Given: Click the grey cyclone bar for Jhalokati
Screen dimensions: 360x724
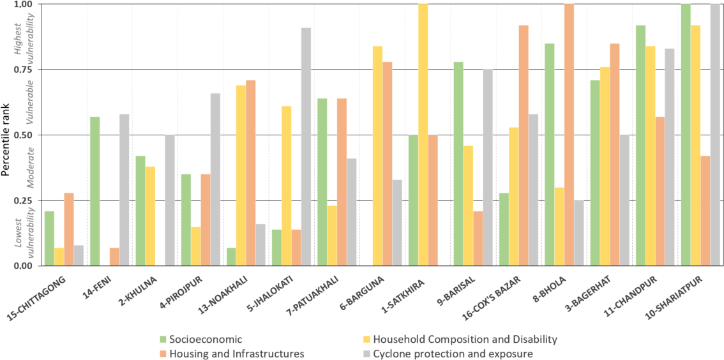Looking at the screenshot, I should (306, 147).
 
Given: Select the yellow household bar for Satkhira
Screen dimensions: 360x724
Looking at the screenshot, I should (423, 135).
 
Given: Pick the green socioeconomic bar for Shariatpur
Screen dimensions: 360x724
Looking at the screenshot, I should (686, 135).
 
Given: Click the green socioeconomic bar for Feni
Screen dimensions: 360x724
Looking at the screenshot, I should (94, 191).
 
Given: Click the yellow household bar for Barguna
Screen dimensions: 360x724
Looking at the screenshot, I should (377, 156).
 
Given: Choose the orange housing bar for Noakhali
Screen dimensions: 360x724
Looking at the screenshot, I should (251, 173).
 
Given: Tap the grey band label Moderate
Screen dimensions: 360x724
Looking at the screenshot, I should (29, 168).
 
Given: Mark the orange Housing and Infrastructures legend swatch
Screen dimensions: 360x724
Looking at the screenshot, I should (163, 353).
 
